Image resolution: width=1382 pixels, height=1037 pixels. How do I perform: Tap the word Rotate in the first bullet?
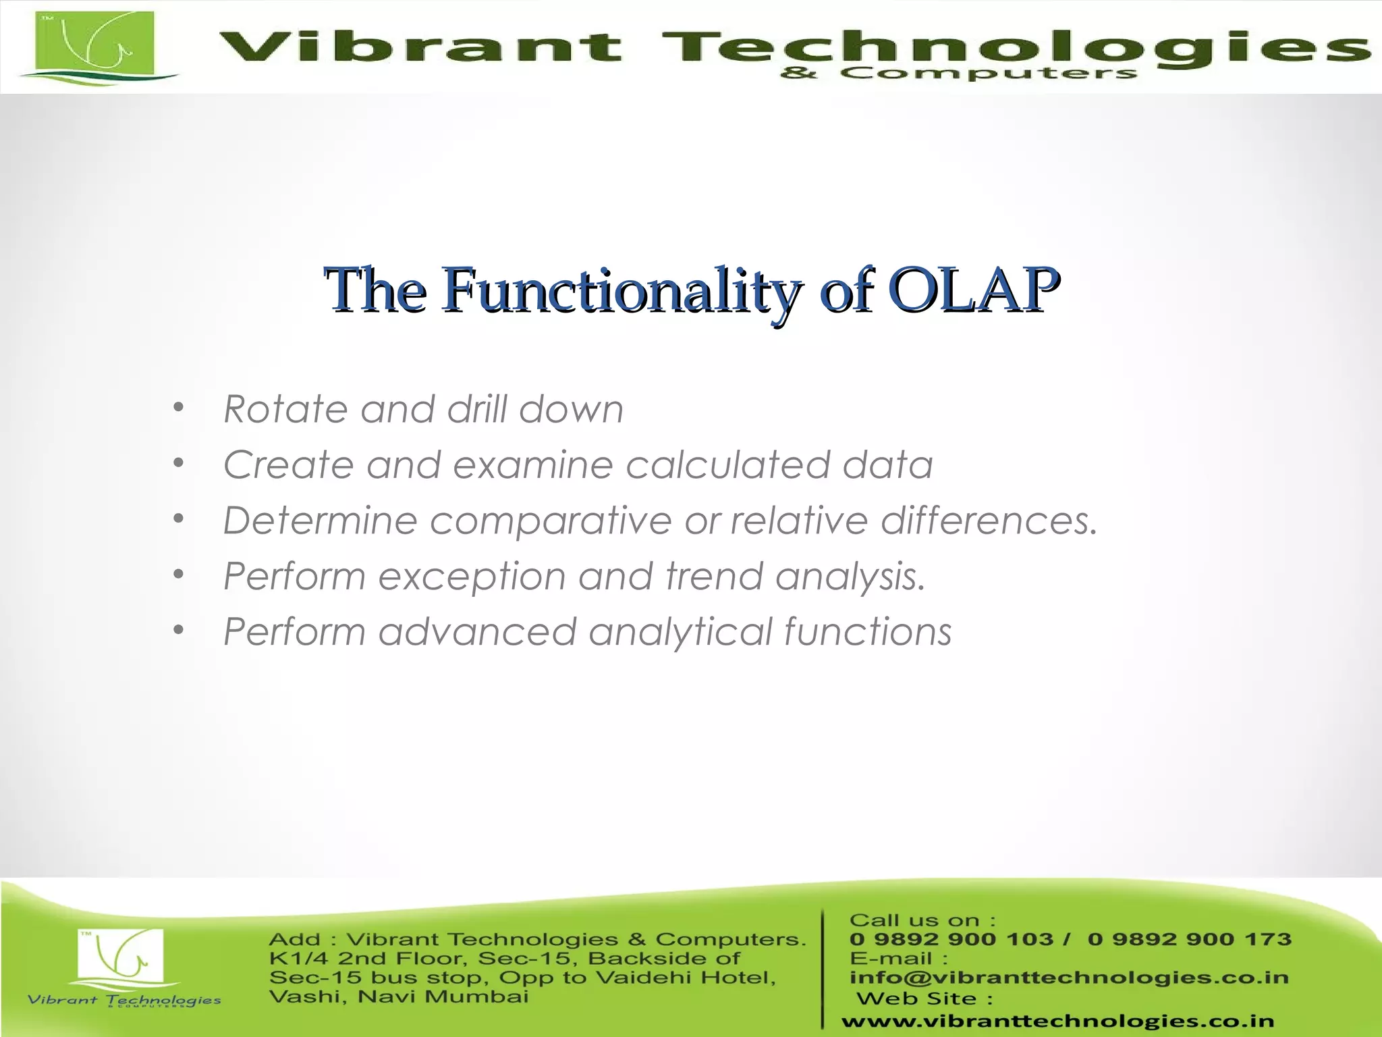tap(285, 409)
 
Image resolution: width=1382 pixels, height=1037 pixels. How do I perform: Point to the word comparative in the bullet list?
tap(551, 521)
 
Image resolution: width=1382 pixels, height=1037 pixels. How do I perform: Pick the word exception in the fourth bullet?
tap(471, 577)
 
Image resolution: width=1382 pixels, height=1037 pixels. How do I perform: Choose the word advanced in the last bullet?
tap(477, 632)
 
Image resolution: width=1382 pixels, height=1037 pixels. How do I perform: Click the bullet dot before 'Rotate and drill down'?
tap(178, 407)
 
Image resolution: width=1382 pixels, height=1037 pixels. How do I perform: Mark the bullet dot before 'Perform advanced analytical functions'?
tap(178, 630)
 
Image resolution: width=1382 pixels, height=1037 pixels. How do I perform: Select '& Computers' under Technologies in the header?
tap(958, 73)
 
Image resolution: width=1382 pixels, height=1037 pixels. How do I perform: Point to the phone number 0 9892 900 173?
tap(1189, 939)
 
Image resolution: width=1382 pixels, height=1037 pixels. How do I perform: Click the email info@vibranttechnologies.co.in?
tap(1069, 978)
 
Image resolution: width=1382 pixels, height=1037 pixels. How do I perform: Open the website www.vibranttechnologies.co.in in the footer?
tap(1057, 1021)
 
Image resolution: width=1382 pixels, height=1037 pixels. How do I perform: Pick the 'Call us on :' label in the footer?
tap(922, 920)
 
